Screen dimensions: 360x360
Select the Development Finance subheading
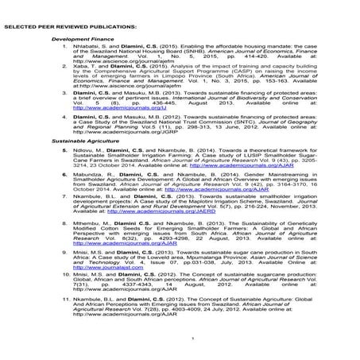point(80,38)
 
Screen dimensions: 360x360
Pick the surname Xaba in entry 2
point(79,68)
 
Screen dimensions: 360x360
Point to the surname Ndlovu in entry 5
point(83,148)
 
